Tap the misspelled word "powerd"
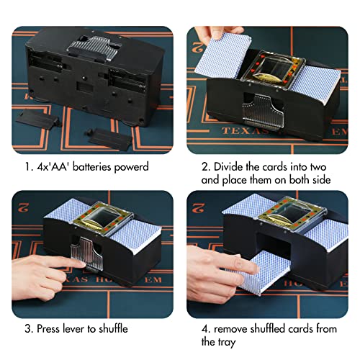(x=135, y=167)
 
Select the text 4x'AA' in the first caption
(x=48, y=167)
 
